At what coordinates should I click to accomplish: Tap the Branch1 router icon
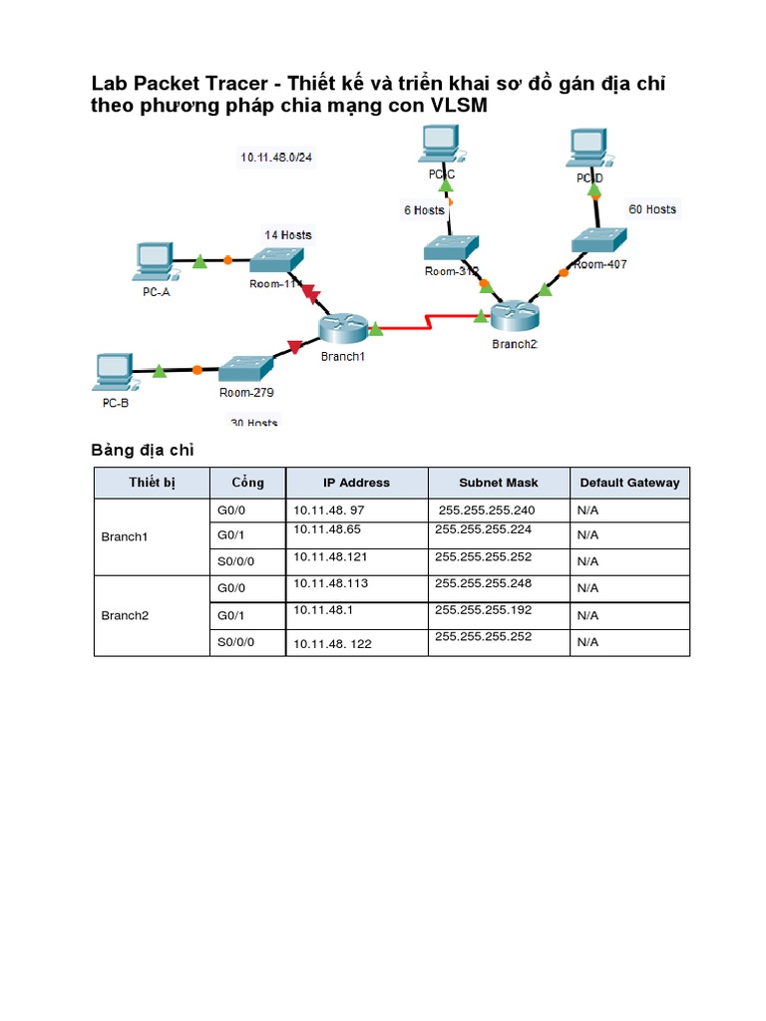(x=343, y=328)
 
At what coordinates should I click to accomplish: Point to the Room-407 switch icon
(x=599, y=239)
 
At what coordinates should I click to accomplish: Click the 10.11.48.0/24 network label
(x=276, y=157)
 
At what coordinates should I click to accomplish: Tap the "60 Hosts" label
(x=652, y=209)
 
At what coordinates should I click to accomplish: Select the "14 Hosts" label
(x=287, y=235)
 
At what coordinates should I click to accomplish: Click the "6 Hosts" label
(x=423, y=210)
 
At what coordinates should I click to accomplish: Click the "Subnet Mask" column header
(x=498, y=483)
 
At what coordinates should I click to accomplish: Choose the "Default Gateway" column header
(x=629, y=483)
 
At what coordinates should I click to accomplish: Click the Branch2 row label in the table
(x=125, y=615)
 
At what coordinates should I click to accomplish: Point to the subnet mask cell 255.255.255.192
(x=490, y=609)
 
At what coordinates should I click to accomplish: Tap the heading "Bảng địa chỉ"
(x=143, y=450)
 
